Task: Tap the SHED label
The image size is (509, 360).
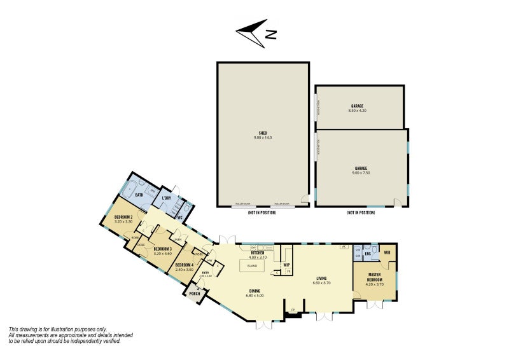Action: tap(263, 133)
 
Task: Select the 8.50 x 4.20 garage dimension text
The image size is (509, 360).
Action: tap(357, 111)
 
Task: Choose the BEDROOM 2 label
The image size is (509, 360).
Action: tap(123, 218)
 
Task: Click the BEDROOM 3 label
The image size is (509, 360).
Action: tap(162, 249)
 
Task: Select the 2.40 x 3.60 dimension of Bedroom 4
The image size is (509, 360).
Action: tap(184, 270)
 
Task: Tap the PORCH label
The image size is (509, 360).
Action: tap(194, 293)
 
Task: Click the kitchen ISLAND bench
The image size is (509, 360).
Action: tap(252, 266)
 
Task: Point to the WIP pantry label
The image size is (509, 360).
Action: tap(286, 265)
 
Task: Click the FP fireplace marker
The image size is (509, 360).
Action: tap(293, 310)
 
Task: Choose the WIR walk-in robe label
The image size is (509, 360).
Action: tap(387, 252)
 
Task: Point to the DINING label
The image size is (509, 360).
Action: tap(254, 291)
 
